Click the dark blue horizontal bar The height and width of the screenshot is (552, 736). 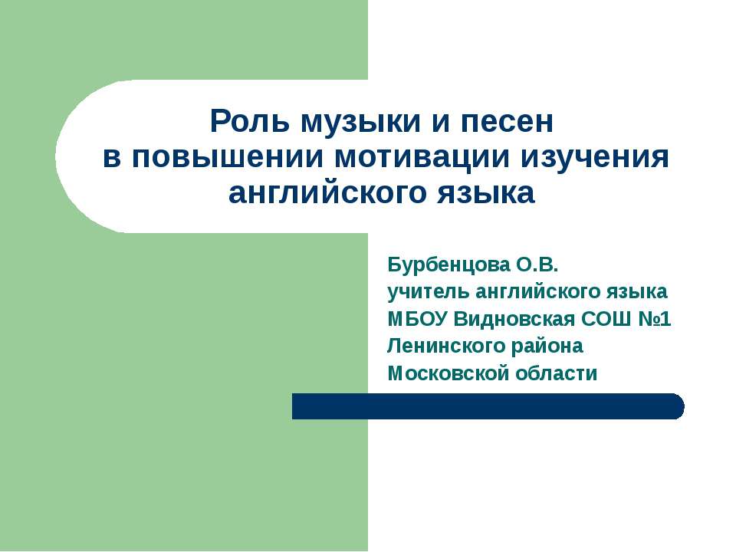(488, 406)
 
